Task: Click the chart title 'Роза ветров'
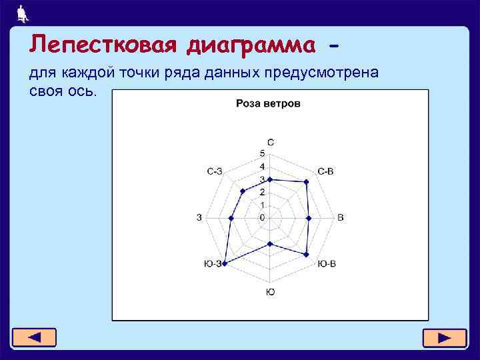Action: click(x=268, y=103)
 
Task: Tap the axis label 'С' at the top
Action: click(x=270, y=142)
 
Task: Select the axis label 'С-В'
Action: click(x=325, y=171)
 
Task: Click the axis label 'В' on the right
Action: click(x=340, y=218)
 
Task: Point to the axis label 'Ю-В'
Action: click(x=326, y=264)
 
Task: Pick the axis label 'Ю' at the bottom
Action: click(x=270, y=293)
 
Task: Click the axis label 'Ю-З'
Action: click(x=213, y=264)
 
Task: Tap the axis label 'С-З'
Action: click(x=215, y=171)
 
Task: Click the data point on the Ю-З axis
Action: click(x=225, y=264)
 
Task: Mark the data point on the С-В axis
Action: click(x=306, y=181)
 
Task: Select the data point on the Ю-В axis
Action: click(x=306, y=255)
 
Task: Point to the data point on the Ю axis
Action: click(x=270, y=244)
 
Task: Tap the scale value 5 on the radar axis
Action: click(x=262, y=153)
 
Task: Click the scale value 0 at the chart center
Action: click(x=263, y=217)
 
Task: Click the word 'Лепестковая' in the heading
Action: click(x=103, y=45)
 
